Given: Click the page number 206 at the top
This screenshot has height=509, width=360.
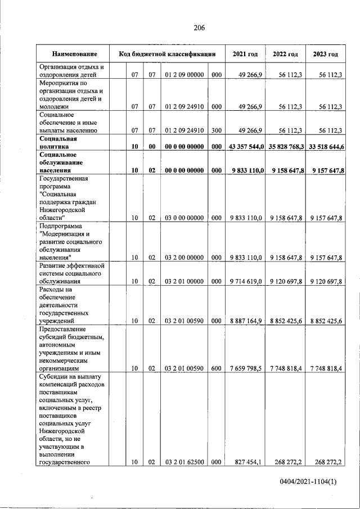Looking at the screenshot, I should coord(199,28).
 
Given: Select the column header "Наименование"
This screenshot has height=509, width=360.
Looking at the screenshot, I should coord(74,54).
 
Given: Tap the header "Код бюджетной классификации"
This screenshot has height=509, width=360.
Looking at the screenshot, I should coord(167,54).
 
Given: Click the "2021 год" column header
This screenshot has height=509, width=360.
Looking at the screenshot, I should coord(245,54).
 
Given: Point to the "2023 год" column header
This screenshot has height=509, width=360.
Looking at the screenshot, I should coord(325,54).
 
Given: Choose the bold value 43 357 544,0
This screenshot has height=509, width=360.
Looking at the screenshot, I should coord(245,146).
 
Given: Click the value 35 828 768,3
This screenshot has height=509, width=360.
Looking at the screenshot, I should coord(285,146).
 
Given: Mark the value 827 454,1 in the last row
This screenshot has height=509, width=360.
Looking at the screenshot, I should coord(248,462).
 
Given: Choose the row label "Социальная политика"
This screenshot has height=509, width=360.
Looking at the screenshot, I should coord(58,142).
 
